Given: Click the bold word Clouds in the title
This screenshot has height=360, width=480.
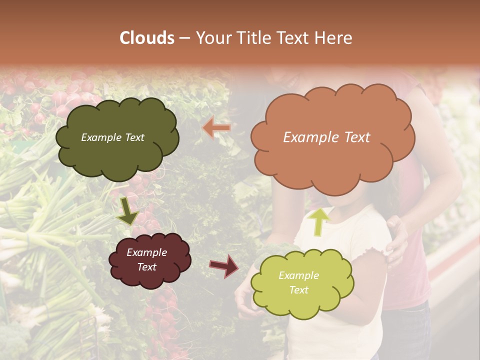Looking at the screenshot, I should click(x=147, y=38).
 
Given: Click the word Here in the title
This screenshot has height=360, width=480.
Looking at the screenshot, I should click(x=334, y=38).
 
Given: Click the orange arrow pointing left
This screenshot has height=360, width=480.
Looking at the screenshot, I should click(x=217, y=128).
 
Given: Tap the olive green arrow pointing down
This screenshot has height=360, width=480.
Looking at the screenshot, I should click(x=127, y=210).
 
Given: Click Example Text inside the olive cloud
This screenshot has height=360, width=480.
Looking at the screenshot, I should click(x=112, y=137).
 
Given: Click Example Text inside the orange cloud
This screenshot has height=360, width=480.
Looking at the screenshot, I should click(x=326, y=137).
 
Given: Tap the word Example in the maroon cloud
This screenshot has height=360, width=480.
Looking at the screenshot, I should click(x=146, y=252).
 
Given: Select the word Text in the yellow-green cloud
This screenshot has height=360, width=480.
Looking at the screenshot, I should click(x=298, y=290).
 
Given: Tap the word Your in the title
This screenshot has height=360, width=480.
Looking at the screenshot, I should click(x=212, y=38).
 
